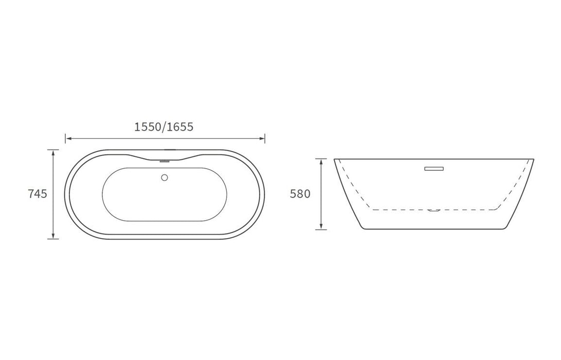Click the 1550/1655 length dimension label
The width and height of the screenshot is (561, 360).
(164, 127)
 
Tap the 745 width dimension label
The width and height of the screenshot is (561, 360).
(38, 193)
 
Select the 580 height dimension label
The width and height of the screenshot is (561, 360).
(300, 193)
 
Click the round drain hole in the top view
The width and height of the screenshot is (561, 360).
(165, 177)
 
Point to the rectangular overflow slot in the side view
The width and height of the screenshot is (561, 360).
(434, 169)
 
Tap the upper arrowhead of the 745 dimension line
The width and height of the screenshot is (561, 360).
(53, 152)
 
